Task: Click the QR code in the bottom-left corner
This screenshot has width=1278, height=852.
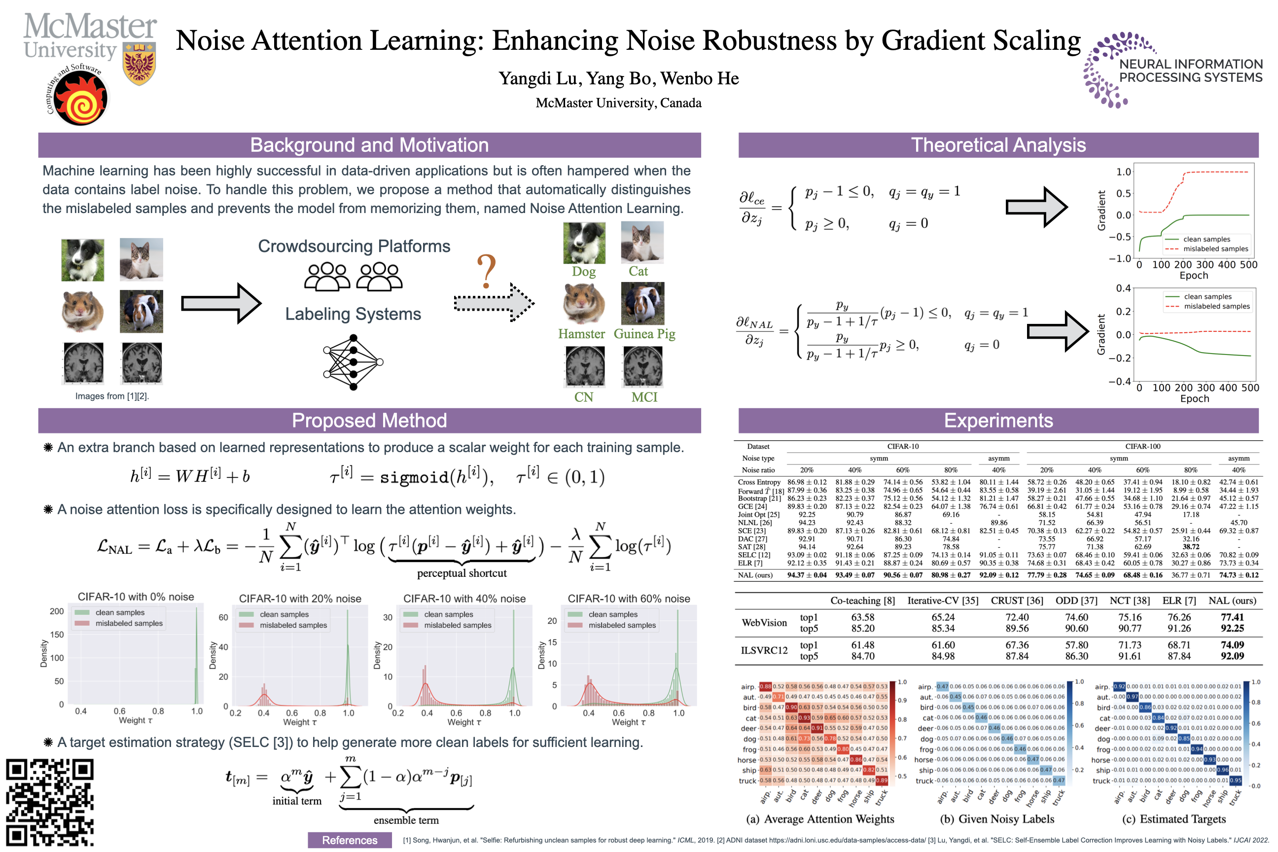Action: (49, 802)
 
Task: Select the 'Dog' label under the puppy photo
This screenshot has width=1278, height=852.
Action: (584, 272)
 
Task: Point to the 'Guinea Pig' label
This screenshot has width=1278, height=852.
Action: (644, 334)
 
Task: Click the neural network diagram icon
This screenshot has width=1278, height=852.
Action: (353, 361)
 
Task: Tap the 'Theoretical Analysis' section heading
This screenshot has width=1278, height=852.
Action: (998, 145)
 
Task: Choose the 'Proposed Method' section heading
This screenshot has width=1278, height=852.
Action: (369, 421)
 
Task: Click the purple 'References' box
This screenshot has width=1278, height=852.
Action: (350, 840)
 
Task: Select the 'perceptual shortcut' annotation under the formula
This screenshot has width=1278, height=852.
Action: (461, 573)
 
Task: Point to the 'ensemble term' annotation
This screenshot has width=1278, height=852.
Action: (406, 820)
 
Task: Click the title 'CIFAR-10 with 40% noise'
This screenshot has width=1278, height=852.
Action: (464, 598)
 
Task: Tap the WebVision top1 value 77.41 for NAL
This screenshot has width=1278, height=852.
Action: (1232, 617)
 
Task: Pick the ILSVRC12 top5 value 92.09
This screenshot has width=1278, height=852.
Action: (1232, 656)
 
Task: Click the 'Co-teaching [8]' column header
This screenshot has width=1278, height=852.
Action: (862, 601)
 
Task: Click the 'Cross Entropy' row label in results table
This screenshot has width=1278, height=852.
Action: (759, 482)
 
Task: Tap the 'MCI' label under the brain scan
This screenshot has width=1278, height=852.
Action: (644, 397)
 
